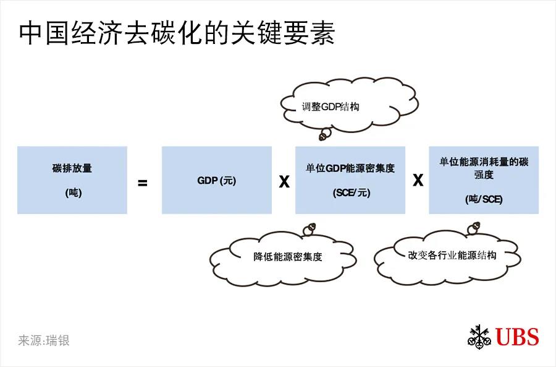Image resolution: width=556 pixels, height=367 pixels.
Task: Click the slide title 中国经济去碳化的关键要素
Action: coord(177,33)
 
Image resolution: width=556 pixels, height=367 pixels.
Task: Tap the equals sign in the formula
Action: coord(142,183)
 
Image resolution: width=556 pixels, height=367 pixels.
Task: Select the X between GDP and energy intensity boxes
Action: coord(284,181)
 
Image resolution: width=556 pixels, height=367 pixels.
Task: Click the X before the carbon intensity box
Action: coord(418,180)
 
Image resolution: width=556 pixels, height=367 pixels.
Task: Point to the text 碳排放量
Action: coord(72,168)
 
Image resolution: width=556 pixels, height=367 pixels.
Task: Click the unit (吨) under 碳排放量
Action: coord(74,192)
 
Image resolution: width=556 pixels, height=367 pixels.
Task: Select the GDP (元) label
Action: coord(217,181)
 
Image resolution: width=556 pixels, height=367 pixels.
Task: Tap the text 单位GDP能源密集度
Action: coord(350,168)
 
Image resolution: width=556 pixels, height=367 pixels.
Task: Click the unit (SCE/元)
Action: coord(352,192)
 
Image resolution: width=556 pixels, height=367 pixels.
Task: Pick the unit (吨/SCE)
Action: coord(484,199)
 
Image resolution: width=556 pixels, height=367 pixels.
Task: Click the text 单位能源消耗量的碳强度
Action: coord(484,168)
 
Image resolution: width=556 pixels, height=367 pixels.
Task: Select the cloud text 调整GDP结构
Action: coord(331,106)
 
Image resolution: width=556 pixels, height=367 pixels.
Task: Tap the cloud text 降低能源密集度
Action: coord(287,256)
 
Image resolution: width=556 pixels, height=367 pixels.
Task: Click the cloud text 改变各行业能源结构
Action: coord(452,255)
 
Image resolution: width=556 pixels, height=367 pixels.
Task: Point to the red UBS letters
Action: coord(517,337)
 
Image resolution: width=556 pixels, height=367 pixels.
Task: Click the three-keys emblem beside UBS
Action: coord(479,335)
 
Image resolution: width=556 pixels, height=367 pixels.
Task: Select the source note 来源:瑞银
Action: coord(44,340)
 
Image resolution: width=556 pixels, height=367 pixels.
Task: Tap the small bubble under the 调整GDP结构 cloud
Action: coord(325,134)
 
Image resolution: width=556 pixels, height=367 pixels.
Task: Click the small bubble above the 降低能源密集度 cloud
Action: coord(310,229)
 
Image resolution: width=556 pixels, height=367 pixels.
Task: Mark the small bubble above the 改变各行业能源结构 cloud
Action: coord(474,228)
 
